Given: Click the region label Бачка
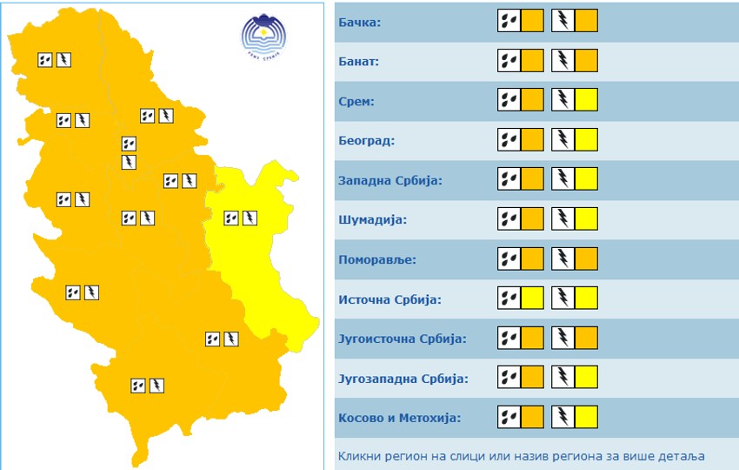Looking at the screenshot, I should pyautogui.click(x=359, y=22).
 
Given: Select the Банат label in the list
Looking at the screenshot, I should pyautogui.click(x=359, y=62).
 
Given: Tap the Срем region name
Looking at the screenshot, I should pyautogui.click(x=356, y=101).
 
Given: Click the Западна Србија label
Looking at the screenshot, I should pyautogui.click(x=390, y=180).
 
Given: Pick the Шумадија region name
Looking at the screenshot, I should pyautogui.click(x=372, y=219).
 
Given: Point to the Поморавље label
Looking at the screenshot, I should pyautogui.click(x=377, y=259).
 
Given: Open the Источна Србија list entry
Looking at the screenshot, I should pyautogui.click(x=389, y=299).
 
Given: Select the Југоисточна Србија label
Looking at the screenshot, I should pyautogui.click(x=402, y=339).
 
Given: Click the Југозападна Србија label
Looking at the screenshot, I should pyautogui.click(x=403, y=379).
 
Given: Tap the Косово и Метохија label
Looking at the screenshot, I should pyautogui.click(x=399, y=418).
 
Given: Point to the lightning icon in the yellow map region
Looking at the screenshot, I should pyautogui.click(x=250, y=218).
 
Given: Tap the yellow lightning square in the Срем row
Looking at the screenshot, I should pyautogui.click(x=587, y=100).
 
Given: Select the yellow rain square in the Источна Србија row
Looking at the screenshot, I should pyautogui.click(x=532, y=299).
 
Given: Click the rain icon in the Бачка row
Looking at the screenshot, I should pyautogui.click(x=509, y=21).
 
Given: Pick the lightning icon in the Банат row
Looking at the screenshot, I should pyautogui.click(x=563, y=61).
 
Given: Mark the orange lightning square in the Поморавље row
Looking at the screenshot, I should pyautogui.click(x=587, y=258).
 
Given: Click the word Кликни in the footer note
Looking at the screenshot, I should pyautogui.click(x=358, y=455).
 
